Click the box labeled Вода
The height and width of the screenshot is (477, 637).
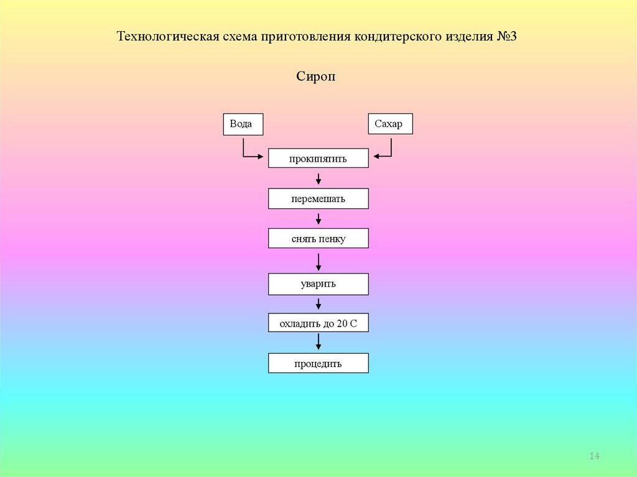243,124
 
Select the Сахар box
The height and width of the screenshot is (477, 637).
390,124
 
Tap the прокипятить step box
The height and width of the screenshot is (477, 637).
318,159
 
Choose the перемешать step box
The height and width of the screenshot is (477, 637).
318,199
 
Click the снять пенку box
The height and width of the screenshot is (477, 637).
318,239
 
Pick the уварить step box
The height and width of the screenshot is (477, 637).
318,284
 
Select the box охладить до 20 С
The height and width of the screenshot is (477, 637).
318,323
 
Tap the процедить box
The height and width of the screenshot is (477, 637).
318,363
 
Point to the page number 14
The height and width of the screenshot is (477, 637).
594,457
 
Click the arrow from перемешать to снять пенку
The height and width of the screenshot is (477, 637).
318,219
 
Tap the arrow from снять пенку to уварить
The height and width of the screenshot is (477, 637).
318,261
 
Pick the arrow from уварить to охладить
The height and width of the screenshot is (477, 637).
318,303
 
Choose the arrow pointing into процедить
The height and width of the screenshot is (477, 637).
318,343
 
